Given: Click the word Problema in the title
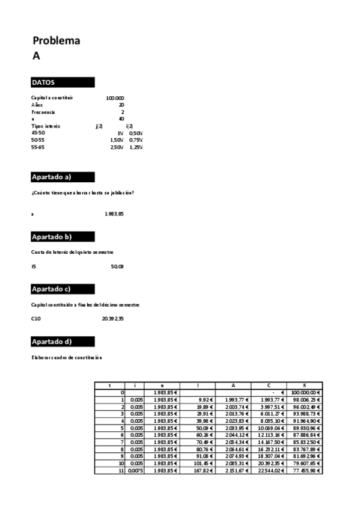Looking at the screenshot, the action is [x=56, y=41].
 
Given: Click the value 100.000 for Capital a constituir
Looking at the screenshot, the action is [x=115, y=97].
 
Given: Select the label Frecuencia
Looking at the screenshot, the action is [x=43, y=112].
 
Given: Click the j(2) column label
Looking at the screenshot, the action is [x=99, y=126].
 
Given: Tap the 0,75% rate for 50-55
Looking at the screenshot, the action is [x=135, y=140].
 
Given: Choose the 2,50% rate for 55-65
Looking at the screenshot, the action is [x=117, y=147].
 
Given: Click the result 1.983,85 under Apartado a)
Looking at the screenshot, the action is [x=115, y=214].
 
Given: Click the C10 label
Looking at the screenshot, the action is [x=36, y=319].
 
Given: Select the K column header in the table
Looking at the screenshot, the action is [x=304, y=385].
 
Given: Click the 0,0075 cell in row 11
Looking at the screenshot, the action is [x=134, y=470].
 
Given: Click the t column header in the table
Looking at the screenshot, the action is [x=109, y=385].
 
